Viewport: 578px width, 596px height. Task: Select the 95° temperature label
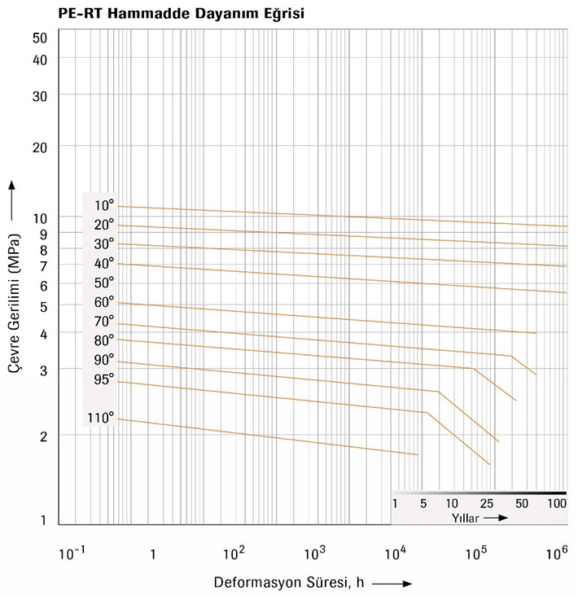(x=103, y=379)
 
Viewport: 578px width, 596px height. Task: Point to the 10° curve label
(x=103, y=205)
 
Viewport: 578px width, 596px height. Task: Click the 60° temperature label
(x=103, y=302)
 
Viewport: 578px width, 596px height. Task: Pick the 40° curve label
(x=103, y=263)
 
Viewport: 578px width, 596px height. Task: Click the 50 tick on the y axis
(x=41, y=37)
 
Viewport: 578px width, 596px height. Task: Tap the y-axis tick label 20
(x=41, y=147)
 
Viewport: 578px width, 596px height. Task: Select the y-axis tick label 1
(x=44, y=521)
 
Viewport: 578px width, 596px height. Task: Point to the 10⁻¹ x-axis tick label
(x=71, y=554)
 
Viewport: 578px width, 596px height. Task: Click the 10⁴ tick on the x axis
(x=395, y=554)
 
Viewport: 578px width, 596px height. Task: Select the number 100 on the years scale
(x=557, y=503)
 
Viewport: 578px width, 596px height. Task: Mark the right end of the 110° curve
(x=417, y=454)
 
